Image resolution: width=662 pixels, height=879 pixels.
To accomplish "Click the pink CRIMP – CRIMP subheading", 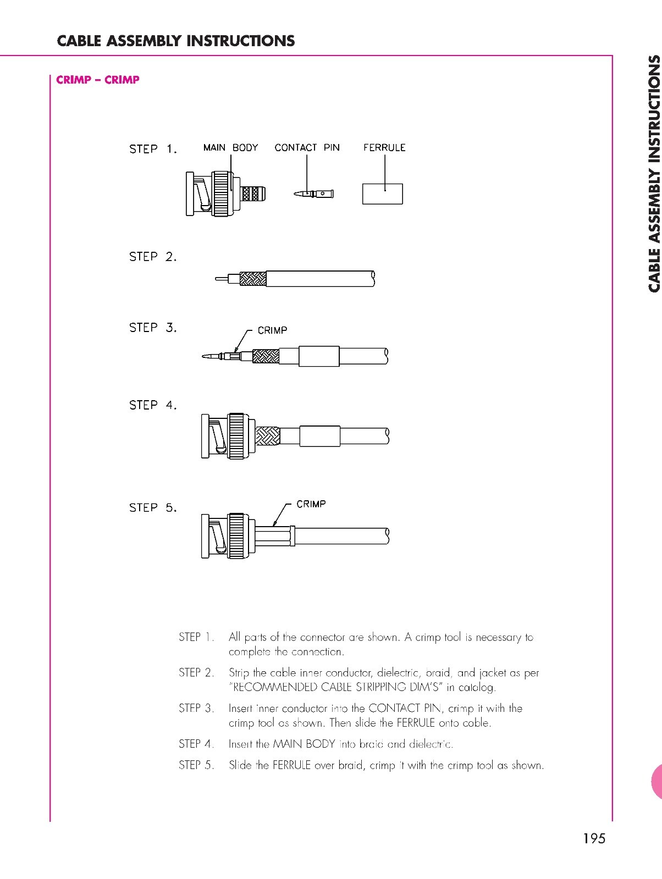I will tap(98, 80).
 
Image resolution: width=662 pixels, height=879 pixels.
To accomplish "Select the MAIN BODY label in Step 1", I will tap(230, 147).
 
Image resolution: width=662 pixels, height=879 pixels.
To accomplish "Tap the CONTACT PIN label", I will tap(307, 147).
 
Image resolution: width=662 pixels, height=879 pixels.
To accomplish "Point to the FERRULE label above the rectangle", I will tap(384, 147).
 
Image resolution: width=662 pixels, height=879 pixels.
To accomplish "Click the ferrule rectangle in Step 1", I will tap(383, 194).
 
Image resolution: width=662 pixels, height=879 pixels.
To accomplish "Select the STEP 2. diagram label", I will tap(153, 257).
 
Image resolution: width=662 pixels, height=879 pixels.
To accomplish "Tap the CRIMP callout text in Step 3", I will tap(272, 330).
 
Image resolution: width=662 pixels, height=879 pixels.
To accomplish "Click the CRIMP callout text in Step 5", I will tap(311, 504).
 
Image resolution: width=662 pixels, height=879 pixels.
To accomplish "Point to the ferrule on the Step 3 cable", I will tap(318, 357).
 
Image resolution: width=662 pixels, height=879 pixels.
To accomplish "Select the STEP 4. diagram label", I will tap(153, 405).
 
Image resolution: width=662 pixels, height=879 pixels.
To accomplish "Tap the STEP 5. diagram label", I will tap(153, 507).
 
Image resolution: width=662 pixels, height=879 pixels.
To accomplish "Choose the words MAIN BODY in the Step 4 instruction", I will tap(304, 744).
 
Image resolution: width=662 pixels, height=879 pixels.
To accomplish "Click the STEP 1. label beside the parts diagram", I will tap(153, 149).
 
